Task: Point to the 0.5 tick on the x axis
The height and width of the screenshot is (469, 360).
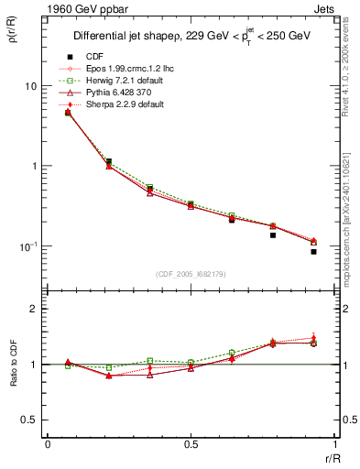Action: point(190,444)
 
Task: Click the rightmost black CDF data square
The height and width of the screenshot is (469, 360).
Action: point(313,251)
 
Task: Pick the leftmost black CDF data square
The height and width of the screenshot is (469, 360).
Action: point(68,113)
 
